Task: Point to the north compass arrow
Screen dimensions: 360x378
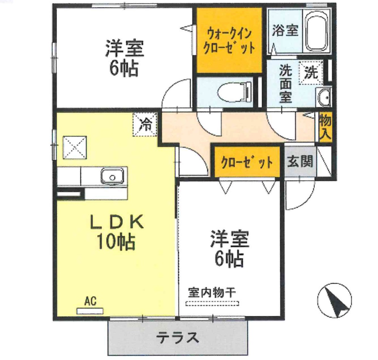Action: tap(335, 300)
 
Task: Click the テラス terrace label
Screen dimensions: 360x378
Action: tap(178, 337)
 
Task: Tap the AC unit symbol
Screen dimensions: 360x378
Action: tap(90, 311)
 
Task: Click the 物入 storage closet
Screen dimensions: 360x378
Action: tap(325, 127)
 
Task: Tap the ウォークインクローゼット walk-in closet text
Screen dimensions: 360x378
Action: tap(229, 41)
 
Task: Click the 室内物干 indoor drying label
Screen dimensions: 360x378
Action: tap(212, 292)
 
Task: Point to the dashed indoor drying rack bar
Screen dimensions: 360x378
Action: tap(212, 303)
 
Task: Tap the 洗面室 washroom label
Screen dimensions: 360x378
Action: tap(285, 83)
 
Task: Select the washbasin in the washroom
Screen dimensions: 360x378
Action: tap(324, 97)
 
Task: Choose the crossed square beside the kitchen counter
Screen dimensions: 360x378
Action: tap(74, 148)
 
